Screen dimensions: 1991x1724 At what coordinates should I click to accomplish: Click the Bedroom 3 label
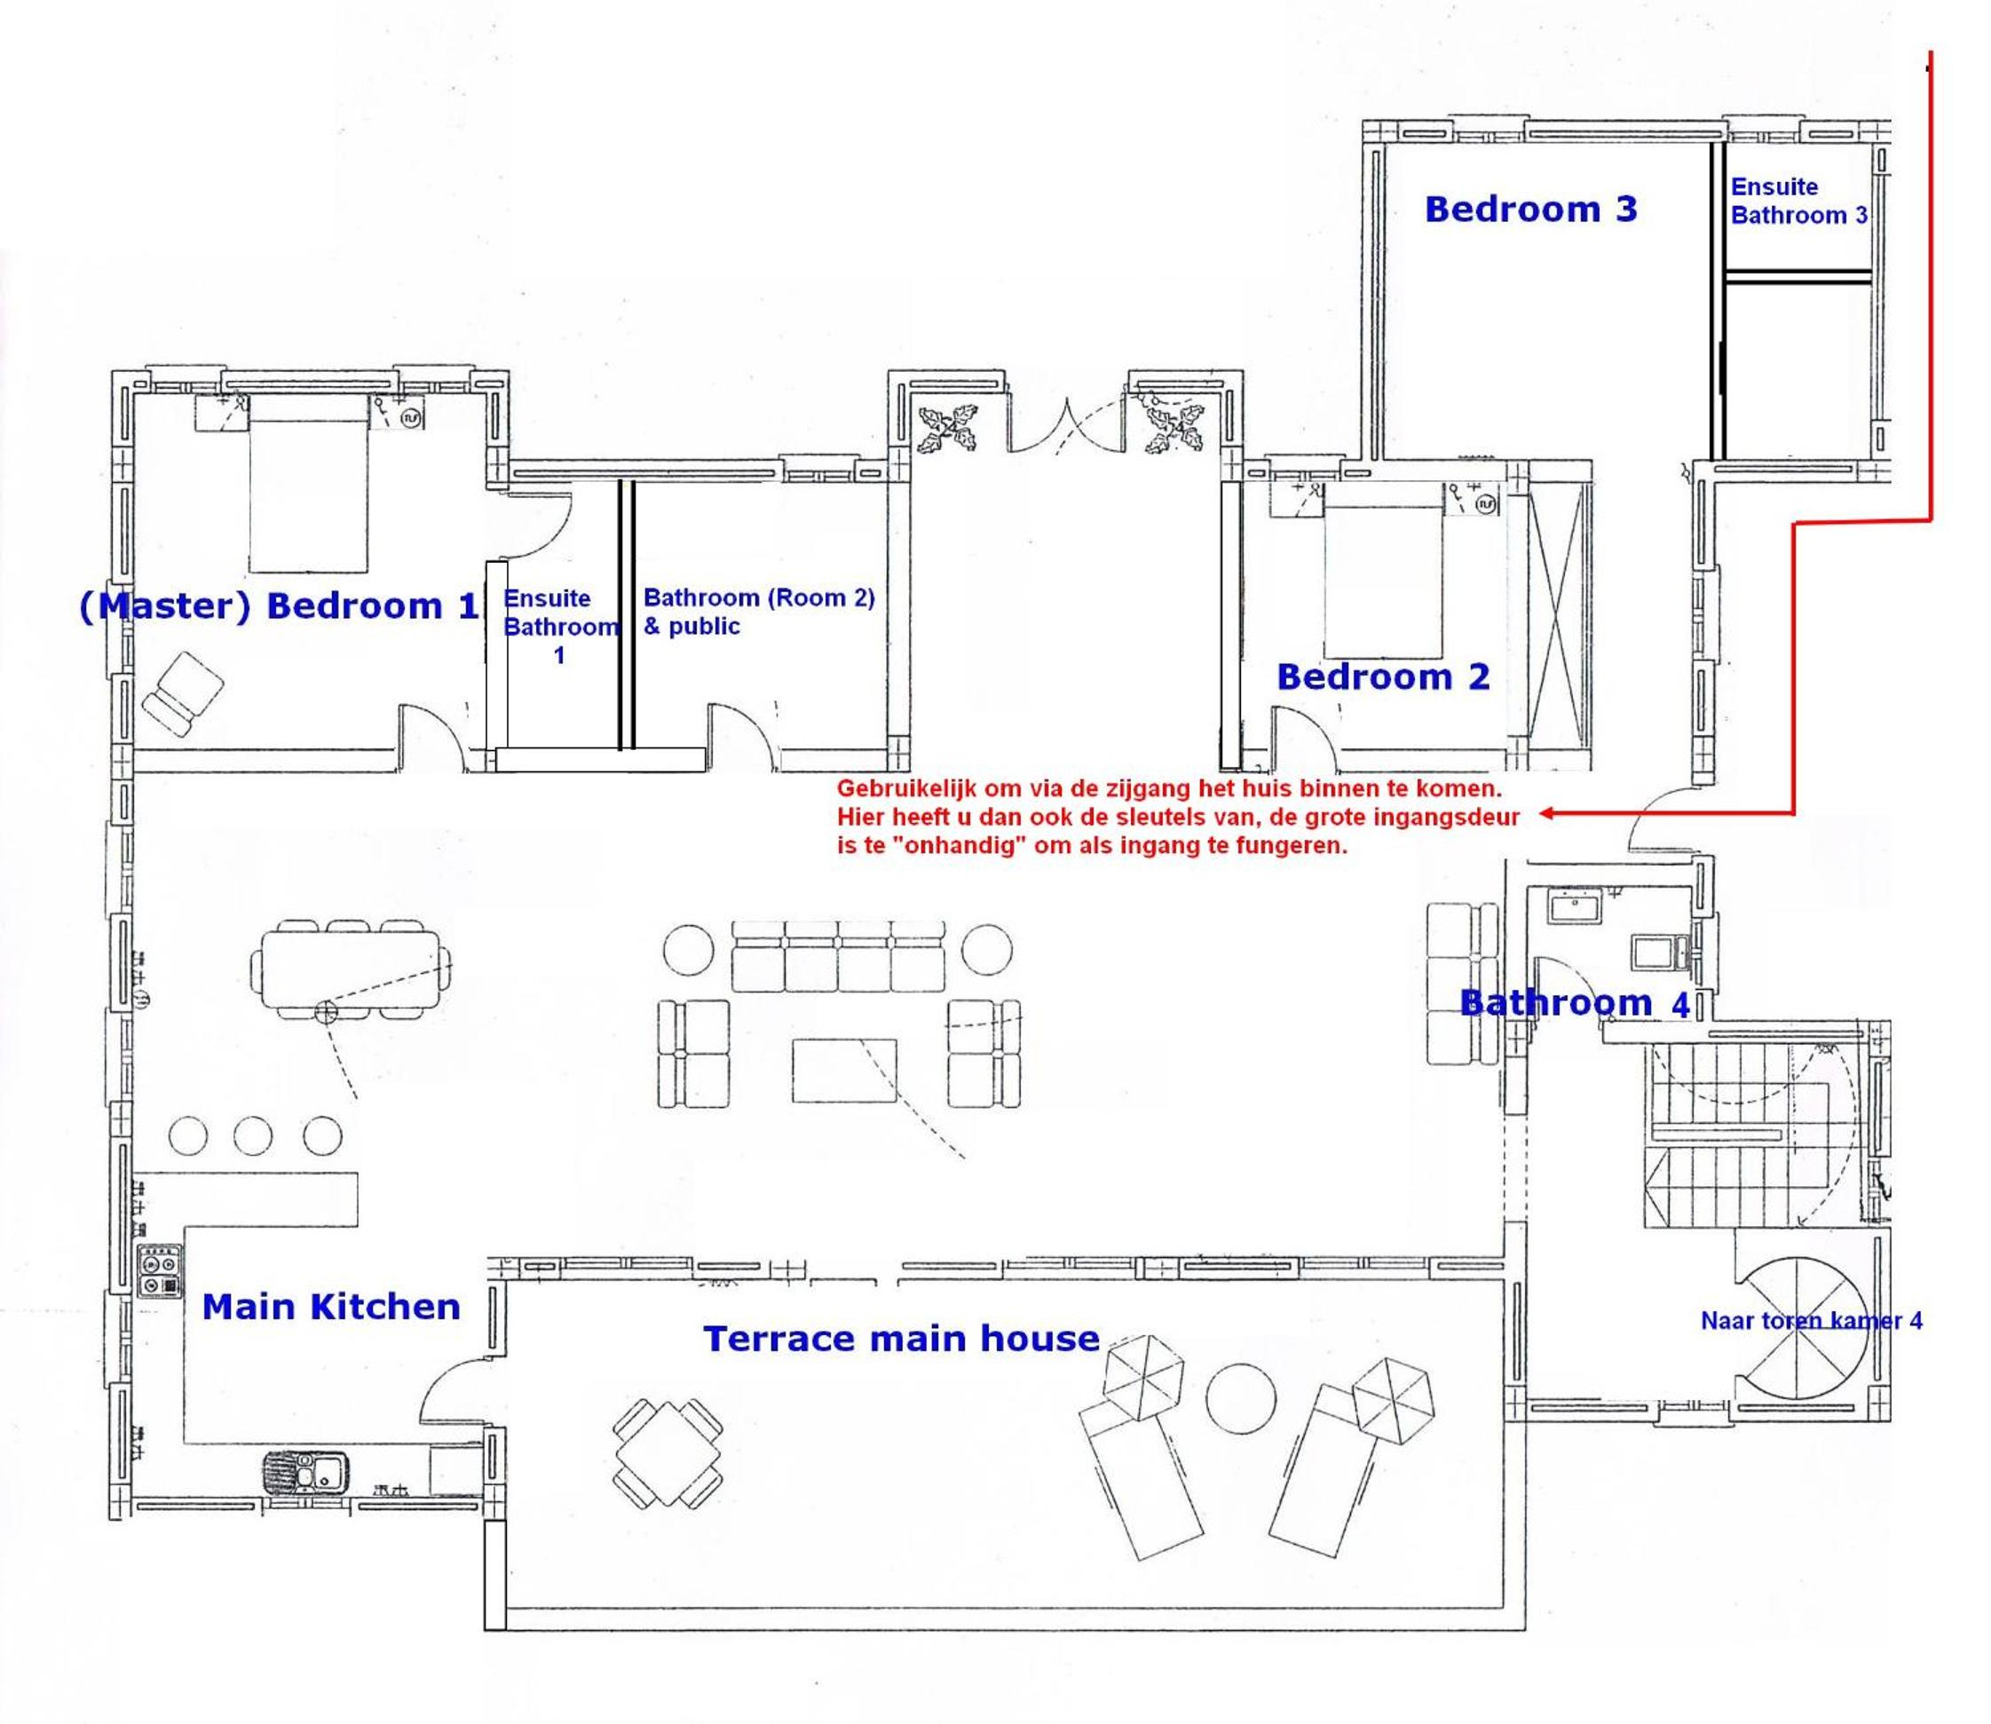[x=1530, y=209]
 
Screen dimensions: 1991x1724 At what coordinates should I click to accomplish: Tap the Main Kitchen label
[x=331, y=1308]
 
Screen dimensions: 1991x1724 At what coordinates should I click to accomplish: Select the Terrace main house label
[x=901, y=1338]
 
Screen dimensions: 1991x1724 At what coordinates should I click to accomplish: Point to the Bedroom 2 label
[x=1383, y=677]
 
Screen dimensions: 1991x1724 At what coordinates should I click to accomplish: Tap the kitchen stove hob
[x=160, y=1272]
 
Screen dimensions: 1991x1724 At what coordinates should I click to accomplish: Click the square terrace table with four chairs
[x=668, y=1453]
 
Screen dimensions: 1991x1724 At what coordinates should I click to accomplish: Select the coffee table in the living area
[x=844, y=1071]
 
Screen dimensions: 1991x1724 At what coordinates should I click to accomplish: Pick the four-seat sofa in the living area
[x=838, y=956]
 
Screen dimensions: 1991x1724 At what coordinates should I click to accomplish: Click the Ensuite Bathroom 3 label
[x=1797, y=201]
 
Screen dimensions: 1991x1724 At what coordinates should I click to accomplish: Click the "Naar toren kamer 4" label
[x=1812, y=1321]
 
